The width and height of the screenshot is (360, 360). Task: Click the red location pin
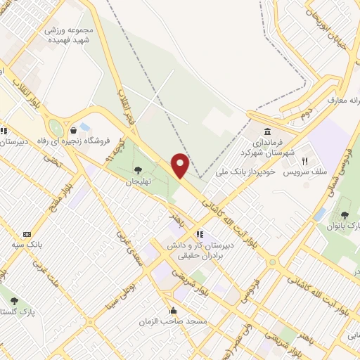coord(180,165)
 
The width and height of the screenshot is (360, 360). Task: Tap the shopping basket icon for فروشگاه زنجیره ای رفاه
coord(74,129)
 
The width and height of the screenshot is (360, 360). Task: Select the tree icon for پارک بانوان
coord(345,214)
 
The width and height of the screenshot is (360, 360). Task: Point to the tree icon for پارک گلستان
coord(14,301)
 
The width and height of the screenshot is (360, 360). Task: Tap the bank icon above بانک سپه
coord(27,234)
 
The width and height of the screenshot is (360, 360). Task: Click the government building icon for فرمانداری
coord(268,132)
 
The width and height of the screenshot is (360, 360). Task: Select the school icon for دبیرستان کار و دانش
coord(200,235)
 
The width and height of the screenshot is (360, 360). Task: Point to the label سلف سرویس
coord(303,172)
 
